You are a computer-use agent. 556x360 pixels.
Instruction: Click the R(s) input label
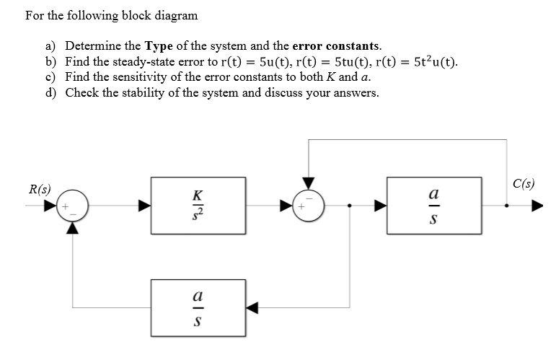click(39, 190)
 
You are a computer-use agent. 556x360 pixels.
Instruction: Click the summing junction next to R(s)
click(72, 206)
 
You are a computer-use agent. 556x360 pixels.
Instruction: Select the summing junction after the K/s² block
click(309, 206)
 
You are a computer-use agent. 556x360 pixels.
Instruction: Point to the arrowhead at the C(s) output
click(537, 206)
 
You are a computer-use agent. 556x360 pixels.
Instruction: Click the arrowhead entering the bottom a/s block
click(252, 307)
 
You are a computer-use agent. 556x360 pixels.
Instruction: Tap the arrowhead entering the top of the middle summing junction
click(309, 183)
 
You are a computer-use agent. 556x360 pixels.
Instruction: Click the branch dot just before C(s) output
click(506, 206)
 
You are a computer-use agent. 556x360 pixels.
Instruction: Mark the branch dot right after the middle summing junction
click(350, 206)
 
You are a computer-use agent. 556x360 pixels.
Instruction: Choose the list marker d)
click(52, 92)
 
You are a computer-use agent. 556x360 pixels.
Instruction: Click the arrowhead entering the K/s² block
click(145, 206)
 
